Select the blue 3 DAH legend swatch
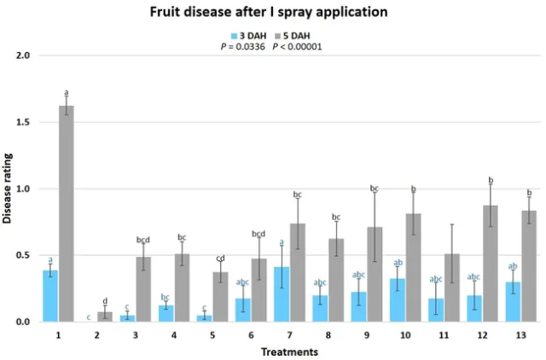pos(233,36)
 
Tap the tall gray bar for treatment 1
pos(67,213)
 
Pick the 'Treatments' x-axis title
pos(290,351)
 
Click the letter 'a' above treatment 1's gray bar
pos(67,92)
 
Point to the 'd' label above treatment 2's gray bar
pos(105,300)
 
